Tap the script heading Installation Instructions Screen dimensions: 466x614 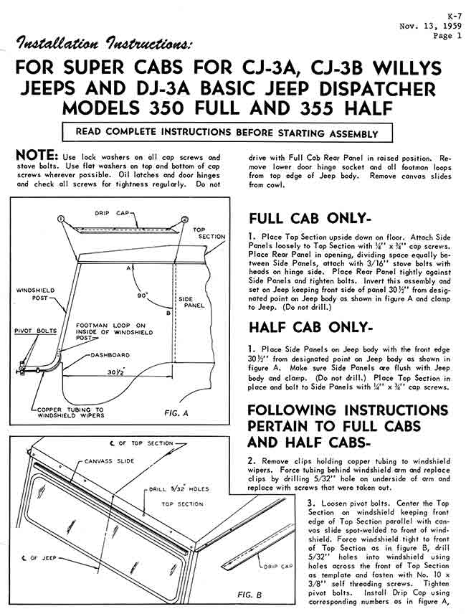[x=104, y=44]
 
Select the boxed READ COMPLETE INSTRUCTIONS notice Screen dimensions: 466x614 [x=227, y=133]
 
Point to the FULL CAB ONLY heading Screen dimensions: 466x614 [x=310, y=219]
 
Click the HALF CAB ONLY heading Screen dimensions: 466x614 [x=309, y=328]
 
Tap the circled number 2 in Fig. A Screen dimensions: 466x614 [x=185, y=219]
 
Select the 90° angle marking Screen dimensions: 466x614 [x=142, y=296]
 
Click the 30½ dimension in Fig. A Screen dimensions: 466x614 [x=116, y=372]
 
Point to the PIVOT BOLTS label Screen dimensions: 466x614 [x=36, y=331]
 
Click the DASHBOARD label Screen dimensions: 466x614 [x=110, y=355]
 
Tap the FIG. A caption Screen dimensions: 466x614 [x=176, y=412]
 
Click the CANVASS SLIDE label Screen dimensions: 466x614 [x=110, y=461]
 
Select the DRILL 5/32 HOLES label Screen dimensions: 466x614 [x=179, y=489]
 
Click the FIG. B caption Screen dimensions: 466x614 [x=249, y=595]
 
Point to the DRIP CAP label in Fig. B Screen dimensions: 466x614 [x=277, y=566]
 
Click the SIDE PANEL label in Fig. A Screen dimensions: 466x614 [x=191, y=302]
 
